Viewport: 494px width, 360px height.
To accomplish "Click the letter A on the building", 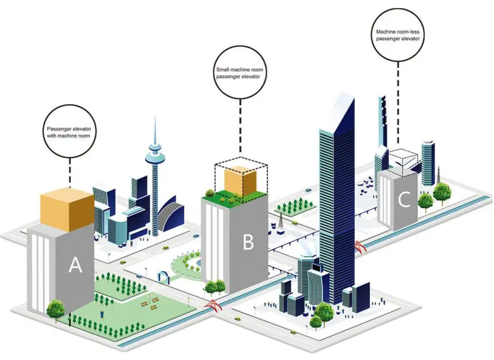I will pyautogui.click(x=75, y=266).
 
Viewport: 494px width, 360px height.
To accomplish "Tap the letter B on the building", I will pyautogui.click(x=248, y=241).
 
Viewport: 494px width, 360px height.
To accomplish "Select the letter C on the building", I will pyautogui.click(x=403, y=200).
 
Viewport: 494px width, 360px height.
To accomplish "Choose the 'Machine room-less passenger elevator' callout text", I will pyautogui.click(x=398, y=34).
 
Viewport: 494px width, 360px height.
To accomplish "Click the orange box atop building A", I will pyautogui.click(x=67, y=209).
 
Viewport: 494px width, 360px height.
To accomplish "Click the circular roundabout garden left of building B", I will pyautogui.click(x=188, y=266).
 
